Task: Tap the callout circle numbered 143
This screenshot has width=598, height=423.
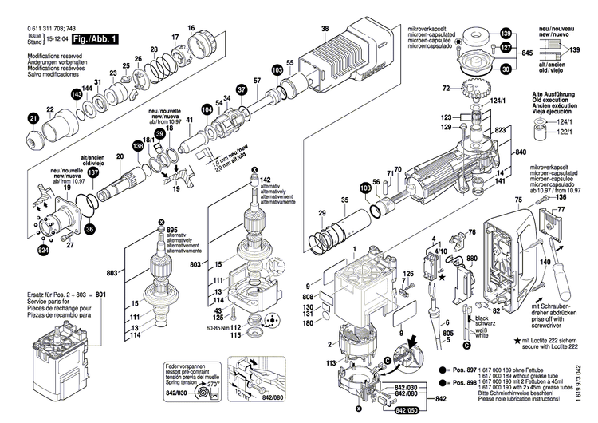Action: [77, 94]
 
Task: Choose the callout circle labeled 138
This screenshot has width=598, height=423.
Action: [139, 146]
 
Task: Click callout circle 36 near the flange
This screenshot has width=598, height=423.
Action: [89, 229]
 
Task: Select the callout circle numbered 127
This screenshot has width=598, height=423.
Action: [504, 49]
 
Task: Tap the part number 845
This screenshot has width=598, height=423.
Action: [526, 53]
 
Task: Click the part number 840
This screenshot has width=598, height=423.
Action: [521, 152]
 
